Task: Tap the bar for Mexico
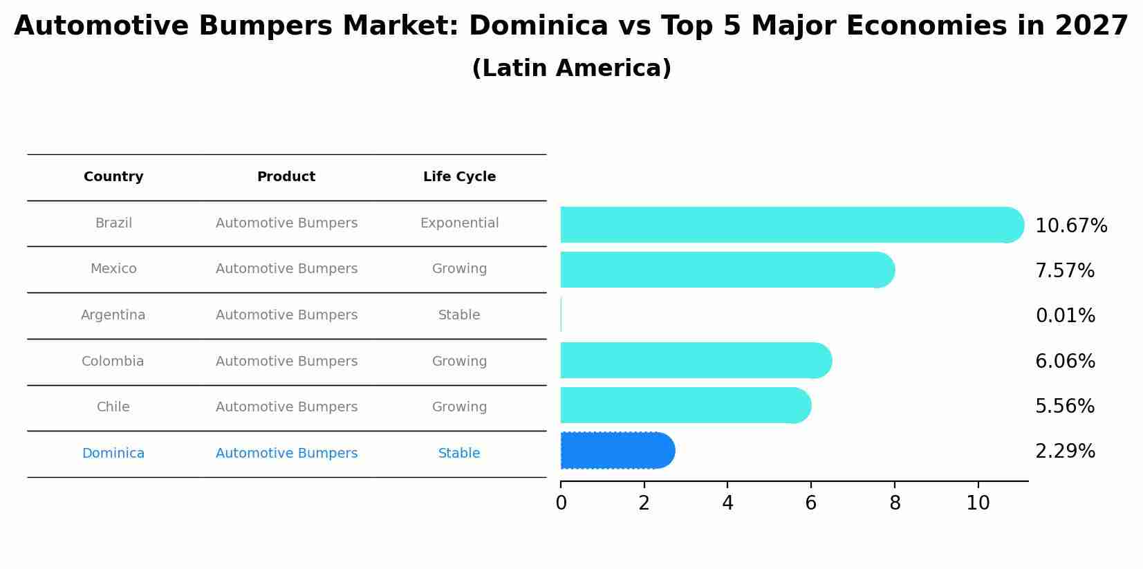726,270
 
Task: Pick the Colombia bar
695,360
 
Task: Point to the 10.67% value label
1071,226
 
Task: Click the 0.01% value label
1065,316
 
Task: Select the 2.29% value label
1065,451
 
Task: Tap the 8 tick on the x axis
895,503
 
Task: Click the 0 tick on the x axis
561,503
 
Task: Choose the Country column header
113,177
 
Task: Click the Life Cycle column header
459,177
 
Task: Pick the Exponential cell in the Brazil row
459,223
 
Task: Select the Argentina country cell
113,315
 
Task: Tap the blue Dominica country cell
113,454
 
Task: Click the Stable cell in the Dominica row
459,454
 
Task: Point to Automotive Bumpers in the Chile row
286,407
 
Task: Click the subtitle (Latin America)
571,68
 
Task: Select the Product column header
286,177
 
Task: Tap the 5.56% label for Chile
1065,407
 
